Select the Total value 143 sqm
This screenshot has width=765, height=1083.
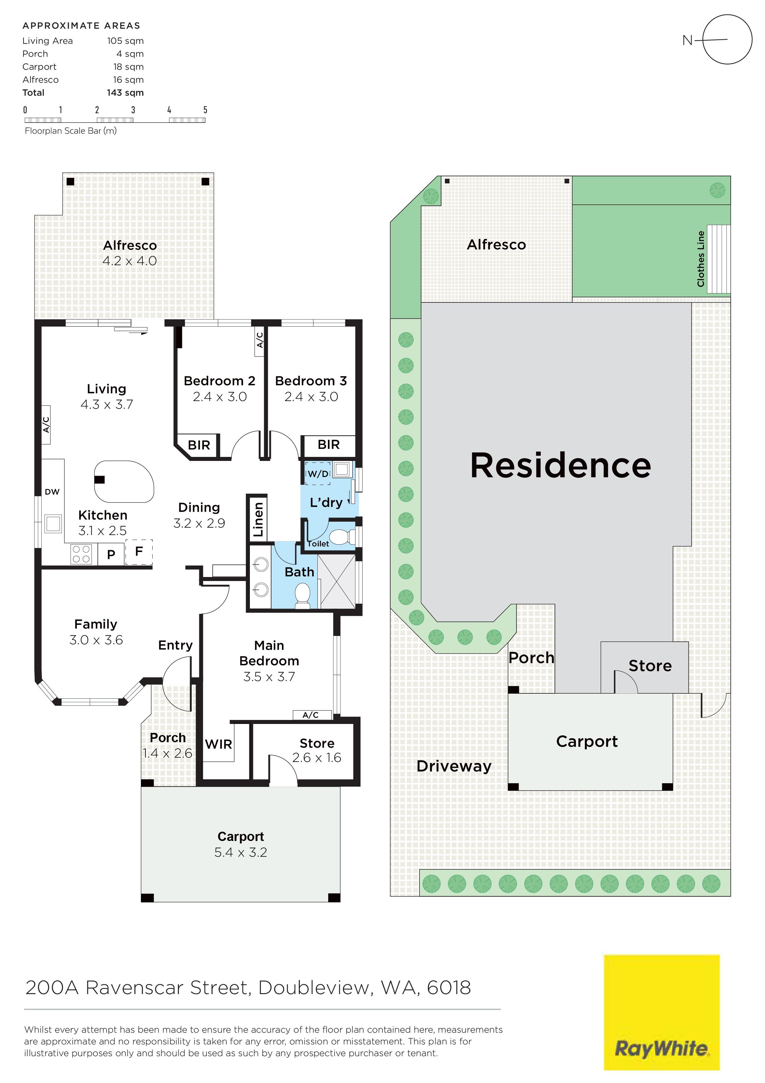tap(125, 93)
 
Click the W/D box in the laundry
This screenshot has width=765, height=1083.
tap(318, 473)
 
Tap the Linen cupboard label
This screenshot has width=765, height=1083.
tap(258, 519)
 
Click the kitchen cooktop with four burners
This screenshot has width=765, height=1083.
tap(81, 554)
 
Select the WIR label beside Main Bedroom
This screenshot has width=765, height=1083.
tap(219, 744)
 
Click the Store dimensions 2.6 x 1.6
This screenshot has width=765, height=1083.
tap(317, 758)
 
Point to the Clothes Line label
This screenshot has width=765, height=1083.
tap(701, 258)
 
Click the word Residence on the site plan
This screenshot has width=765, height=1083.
tap(560, 466)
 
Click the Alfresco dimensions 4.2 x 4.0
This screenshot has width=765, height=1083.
tap(130, 261)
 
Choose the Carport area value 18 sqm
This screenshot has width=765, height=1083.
tap(128, 67)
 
